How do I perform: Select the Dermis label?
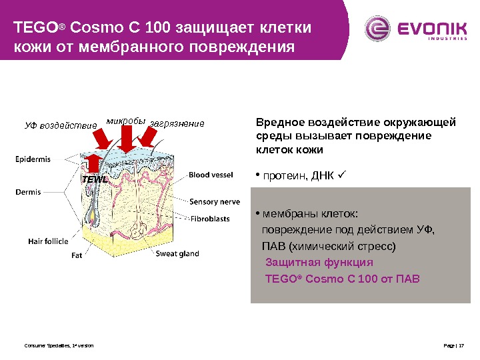(x=28, y=192)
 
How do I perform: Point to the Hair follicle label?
(x=48, y=241)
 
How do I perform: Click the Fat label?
(x=77, y=254)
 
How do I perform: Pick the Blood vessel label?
(x=211, y=175)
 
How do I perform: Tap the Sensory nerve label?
(x=215, y=201)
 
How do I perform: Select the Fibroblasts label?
(x=211, y=218)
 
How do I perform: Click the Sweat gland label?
(x=177, y=253)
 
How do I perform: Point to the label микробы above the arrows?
(x=126, y=121)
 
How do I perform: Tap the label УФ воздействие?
(x=61, y=124)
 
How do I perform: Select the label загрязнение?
(x=177, y=123)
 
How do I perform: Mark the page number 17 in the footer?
(x=461, y=346)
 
